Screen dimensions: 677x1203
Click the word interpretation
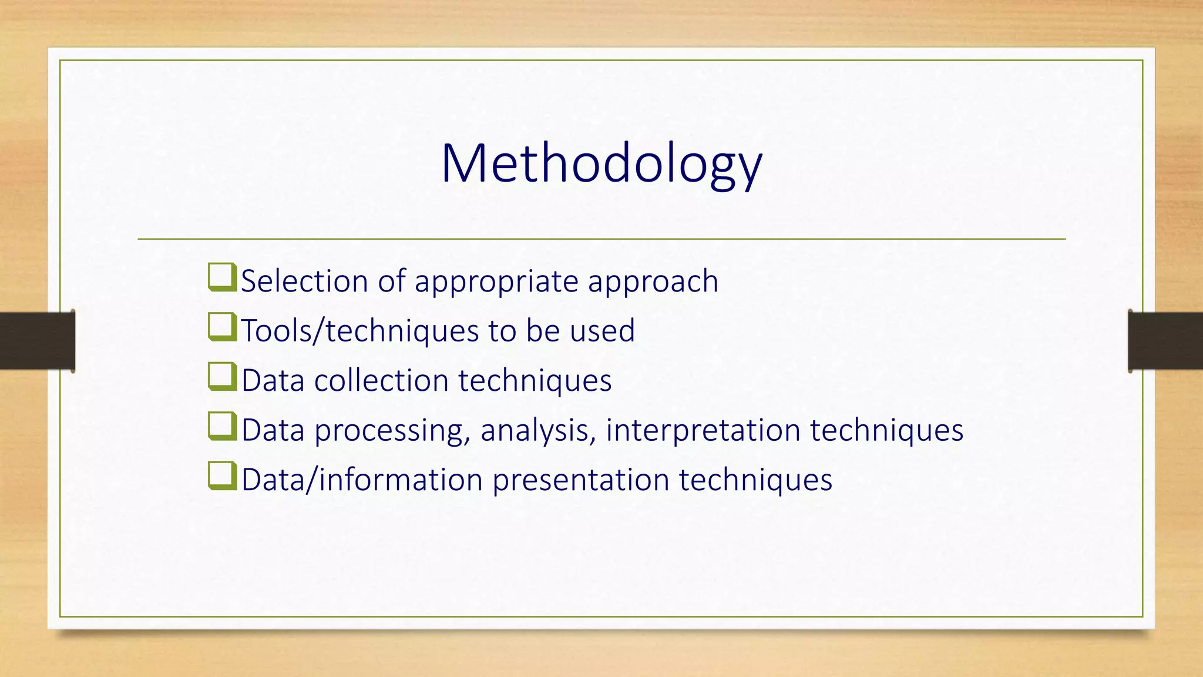[703, 431]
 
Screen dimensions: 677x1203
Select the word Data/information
[362, 480]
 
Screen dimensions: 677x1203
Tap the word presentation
[580, 480]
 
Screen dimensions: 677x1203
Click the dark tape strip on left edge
[37, 341]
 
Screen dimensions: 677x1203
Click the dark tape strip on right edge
[1165, 341]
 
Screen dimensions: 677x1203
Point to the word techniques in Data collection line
[535, 381]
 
